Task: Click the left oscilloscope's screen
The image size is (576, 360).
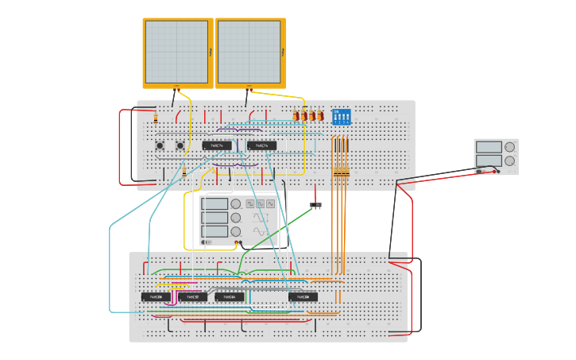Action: click(176, 52)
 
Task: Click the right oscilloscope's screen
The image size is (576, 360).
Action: click(248, 52)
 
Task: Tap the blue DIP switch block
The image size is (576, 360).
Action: click(341, 117)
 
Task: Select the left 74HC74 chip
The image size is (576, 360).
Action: click(217, 145)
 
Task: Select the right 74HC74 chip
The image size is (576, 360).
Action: click(261, 145)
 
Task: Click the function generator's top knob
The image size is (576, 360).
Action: click(236, 203)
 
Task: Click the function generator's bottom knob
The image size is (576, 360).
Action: click(236, 231)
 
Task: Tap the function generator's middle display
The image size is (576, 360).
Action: click(215, 217)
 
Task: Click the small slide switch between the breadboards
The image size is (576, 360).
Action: click(315, 206)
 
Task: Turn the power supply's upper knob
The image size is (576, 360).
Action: click(509, 147)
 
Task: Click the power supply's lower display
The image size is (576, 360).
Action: click(489, 160)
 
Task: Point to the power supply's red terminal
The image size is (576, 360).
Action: click(497, 171)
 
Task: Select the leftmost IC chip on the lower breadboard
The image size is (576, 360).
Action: click(155, 296)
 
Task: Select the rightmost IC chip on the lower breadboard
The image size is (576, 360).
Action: click(303, 296)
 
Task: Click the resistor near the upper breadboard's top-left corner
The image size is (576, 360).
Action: click(155, 119)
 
